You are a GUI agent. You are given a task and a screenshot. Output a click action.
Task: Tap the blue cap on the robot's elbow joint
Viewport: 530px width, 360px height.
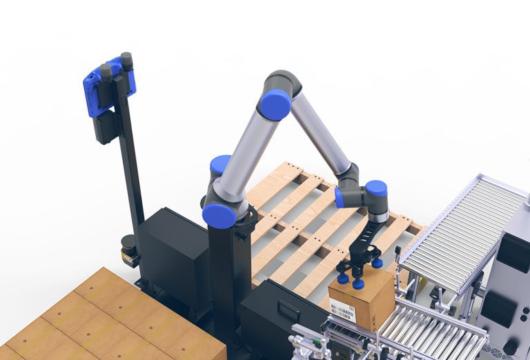coord(275,105)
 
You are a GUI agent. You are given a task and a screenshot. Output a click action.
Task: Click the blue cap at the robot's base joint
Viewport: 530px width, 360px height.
coord(219,215)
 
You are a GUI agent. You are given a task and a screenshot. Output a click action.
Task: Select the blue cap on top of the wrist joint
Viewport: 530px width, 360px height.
coord(376,188)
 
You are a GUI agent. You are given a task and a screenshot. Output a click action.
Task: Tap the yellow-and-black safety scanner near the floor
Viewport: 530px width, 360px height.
coord(129,251)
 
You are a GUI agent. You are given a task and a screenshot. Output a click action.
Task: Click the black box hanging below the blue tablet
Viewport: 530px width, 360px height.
coord(107,127)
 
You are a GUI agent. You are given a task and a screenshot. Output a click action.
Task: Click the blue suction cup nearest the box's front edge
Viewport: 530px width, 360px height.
coord(358,283)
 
